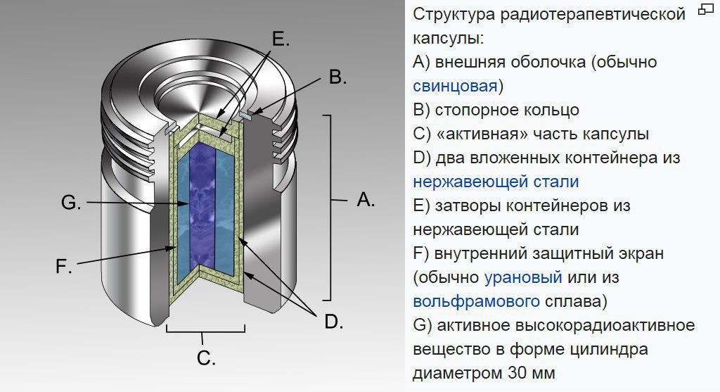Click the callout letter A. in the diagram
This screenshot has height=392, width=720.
366,200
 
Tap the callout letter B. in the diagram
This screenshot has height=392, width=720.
337,77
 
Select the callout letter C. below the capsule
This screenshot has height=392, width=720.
206,358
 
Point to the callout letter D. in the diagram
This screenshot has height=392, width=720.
334,322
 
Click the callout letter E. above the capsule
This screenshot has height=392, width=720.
281,39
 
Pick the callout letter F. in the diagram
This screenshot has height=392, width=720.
64,267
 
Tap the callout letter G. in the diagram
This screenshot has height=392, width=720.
71,202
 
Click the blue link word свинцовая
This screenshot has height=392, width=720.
455,86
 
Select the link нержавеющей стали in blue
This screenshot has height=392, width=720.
496,182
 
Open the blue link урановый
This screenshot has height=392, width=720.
523,277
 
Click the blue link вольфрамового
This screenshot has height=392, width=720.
476,301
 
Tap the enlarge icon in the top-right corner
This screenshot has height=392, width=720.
706,9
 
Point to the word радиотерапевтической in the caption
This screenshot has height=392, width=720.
592,14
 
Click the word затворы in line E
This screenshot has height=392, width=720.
465,206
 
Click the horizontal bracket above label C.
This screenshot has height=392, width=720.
205,330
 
